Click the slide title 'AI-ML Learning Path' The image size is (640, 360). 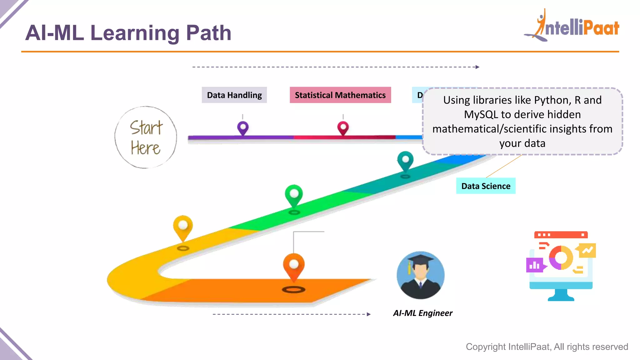pyautogui.click(x=128, y=33)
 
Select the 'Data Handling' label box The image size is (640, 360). pyautogui.click(x=234, y=95)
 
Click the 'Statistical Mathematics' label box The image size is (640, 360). pyautogui.click(x=340, y=95)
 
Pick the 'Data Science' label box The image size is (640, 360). pyautogui.click(x=486, y=186)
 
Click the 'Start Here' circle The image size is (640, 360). pyautogui.click(x=146, y=137)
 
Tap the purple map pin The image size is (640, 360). pyautogui.click(x=243, y=127)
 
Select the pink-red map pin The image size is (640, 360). pyautogui.click(x=343, y=127)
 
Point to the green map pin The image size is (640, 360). pyautogui.click(x=294, y=195)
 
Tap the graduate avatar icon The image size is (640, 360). pyautogui.click(x=421, y=275)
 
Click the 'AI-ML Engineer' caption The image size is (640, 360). pyautogui.click(x=423, y=313)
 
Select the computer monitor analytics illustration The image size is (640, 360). pyautogui.click(x=561, y=266)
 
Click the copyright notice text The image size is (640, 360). pyautogui.click(x=547, y=347)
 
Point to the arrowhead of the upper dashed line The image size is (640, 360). pyautogui.click(x=477, y=67)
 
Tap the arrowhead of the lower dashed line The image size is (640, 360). pyautogui.click(x=369, y=314)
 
